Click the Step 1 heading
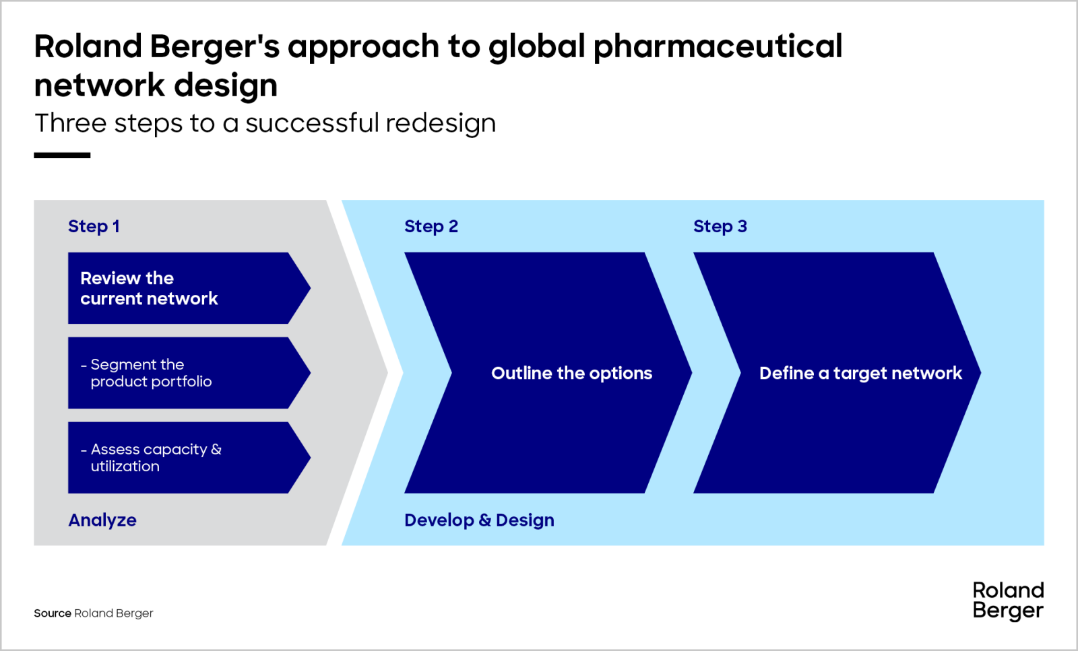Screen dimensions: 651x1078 click(94, 226)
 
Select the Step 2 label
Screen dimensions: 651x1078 click(431, 226)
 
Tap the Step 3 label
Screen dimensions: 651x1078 click(720, 226)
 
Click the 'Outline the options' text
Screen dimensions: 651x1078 click(571, 373)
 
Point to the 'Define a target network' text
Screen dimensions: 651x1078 click(860, 373)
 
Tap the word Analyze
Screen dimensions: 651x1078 click(102, 520)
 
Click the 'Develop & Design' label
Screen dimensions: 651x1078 click(479, 520)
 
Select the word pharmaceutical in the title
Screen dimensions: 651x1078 click(718, 47)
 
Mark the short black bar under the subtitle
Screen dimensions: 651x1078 click(62, 156)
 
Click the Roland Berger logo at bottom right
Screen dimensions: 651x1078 click(1008, 601)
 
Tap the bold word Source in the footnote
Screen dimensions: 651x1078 click(53, 613)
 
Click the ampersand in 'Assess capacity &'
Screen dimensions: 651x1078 click(216, 449)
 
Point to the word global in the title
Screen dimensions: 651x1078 click(536, 47)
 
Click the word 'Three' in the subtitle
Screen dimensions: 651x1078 click(71, 123)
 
